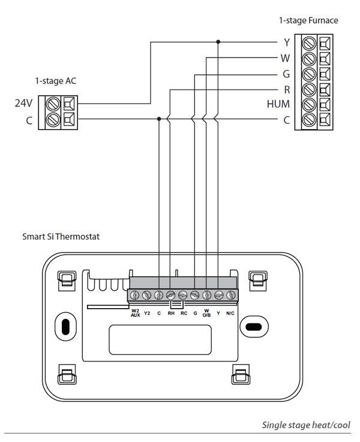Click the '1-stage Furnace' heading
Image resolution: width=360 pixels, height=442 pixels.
tap(308, 20)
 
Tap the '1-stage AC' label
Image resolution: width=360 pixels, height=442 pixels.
tap(56, 81)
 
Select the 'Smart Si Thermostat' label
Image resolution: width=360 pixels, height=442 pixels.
tap(61, 236)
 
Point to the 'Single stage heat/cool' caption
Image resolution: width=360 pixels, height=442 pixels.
tap(306, 425)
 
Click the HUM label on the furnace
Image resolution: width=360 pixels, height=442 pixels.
tap(278, 104)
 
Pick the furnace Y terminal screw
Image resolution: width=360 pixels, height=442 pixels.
tap(309, 43)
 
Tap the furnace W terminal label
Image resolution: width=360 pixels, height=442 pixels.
tap(285, 58)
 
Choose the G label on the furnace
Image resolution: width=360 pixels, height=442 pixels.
tap(286, 74)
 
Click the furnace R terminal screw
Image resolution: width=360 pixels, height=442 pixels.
tap(309, 90)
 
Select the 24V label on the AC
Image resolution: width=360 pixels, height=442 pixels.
tap(23, 103)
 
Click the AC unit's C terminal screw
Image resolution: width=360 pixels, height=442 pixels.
tap(53, 120)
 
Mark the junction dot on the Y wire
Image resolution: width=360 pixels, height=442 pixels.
tap(218, 41)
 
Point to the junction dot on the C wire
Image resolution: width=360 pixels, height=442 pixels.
tap(159, 119)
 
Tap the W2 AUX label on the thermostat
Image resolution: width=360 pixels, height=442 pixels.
tap(135, 313)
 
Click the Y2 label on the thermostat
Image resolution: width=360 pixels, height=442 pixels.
tap(147, 313)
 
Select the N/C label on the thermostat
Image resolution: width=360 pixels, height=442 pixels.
tap(230, 313)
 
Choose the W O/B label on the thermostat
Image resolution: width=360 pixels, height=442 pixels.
tap(206, 313)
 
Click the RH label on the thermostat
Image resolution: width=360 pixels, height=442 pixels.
tap(171, 313)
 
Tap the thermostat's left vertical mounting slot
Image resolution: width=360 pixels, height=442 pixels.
tap(65, 327)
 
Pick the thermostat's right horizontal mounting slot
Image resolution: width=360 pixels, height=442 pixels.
tap(254, 327)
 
